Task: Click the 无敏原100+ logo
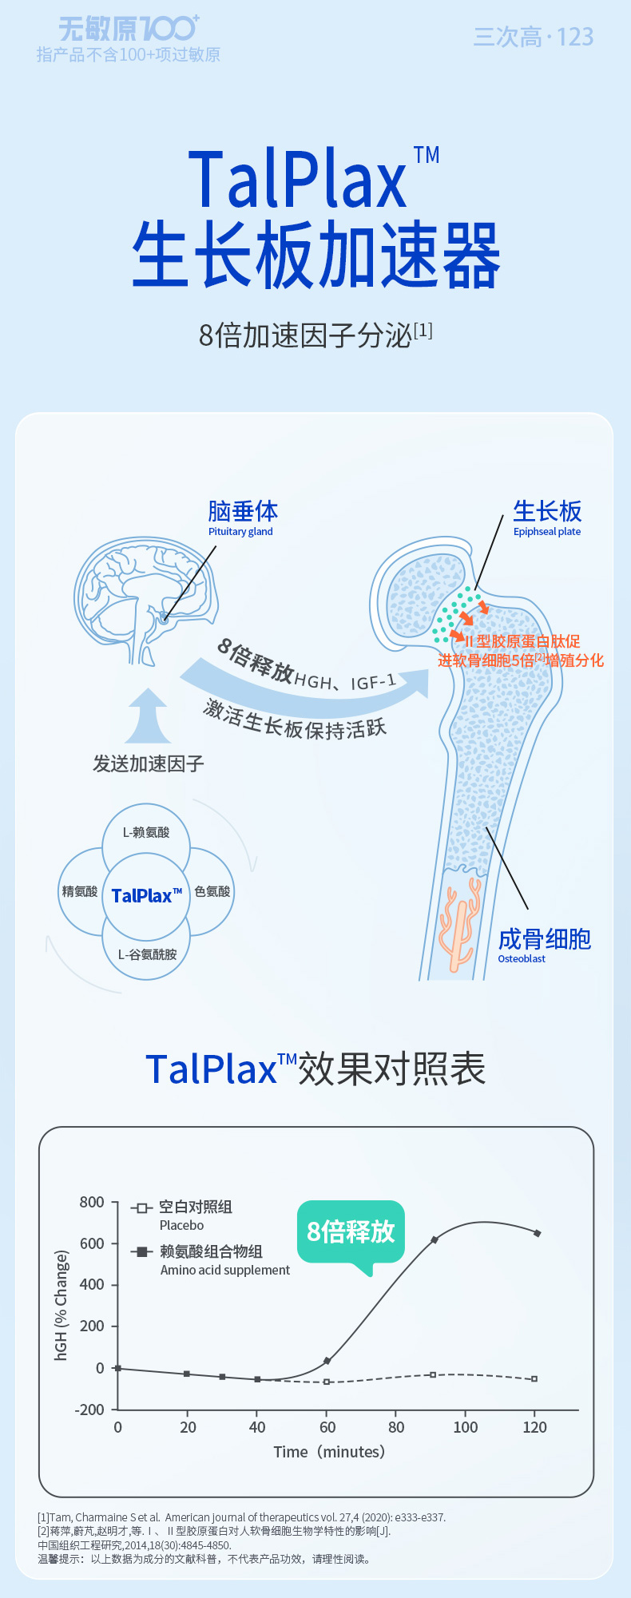pyautogui.click(x=129, y=30)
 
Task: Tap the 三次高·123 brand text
pyautogui.click(x=533, y=37)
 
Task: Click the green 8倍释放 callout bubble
pyautogui.click(x=351, y=1232)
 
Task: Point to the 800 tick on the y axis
pyautogui.click(x=92, y=1202)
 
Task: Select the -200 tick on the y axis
pyautogui.click(x=89, y=1410)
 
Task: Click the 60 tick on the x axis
pyautogui.click(x=327, y=1427)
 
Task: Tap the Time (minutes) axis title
pyautogui.click(x=329, y=1452)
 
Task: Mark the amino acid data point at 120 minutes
pyautogui.click(x=537, y=1233)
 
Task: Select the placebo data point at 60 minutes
pyautogui.click(x=327, y=1382)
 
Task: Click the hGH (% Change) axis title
pyautogui.click(x=62, y=1306)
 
